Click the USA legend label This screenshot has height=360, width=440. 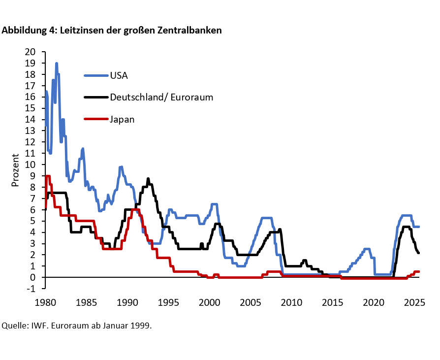(x=119, y=75)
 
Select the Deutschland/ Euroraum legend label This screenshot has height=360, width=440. (x=161, y=97)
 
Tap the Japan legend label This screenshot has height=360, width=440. (x=122, y=119)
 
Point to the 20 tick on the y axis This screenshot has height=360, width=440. (x=30, y=52)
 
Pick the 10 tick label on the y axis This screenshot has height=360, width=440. (x=30, y=164)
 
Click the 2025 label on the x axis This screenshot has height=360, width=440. (x=414, y=302)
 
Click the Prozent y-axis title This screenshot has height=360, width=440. (x=15, y=170)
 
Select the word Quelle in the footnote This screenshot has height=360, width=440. (x=13, y=326)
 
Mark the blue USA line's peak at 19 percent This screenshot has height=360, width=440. (x=57, y=64)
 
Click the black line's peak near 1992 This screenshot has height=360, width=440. (x=148, y=179)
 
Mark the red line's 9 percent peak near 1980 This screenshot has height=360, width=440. (x=47, y=176)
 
